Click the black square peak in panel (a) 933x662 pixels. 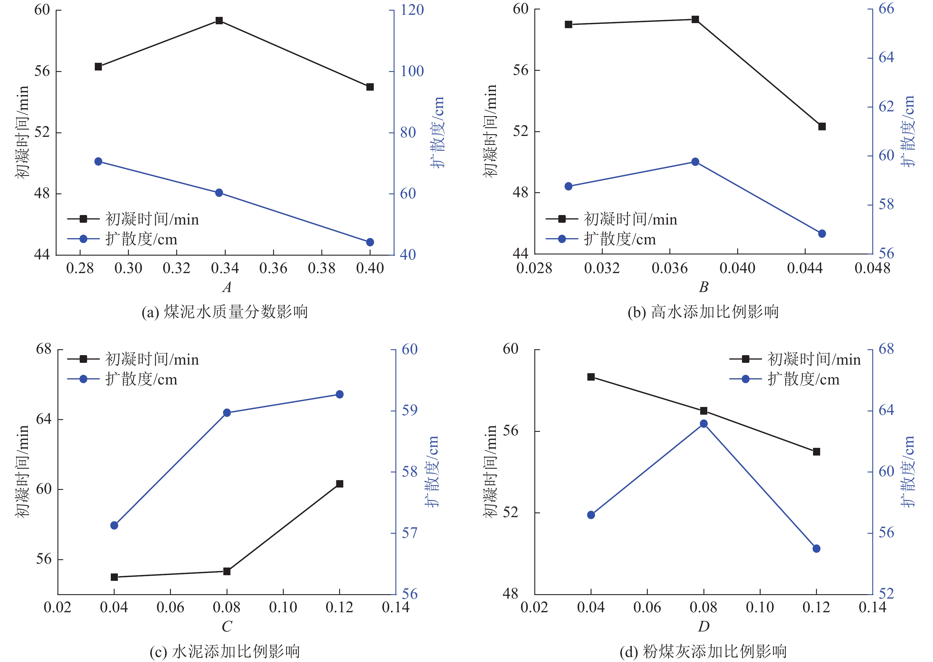pyautogui.click(x=219, y=21)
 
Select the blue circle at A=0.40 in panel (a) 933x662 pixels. pyautogui.click(x=370, y=242)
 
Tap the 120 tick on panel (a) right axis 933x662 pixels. pyautogui.click(x=412, y=10)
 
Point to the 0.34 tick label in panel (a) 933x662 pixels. pyautogui.click(x=225, y=268)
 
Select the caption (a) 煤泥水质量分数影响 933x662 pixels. pyautogui.click(x=225, y=312)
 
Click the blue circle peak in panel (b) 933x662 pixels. pyautogui.click(x=695, y=162)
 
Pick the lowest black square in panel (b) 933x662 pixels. pyautogui.click(x=822, y=127)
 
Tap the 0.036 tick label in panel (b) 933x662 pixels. pyautogui.click(x=669, y=268)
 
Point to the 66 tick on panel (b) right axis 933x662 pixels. pyautogui.click(x=886, y=9)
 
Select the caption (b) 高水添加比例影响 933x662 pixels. pyautogui.click(x=703, y=312)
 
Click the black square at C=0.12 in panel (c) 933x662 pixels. pyautogui.click(x=339, y=484)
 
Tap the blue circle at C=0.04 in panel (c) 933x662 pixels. pyautogui.click(x=114, y=525)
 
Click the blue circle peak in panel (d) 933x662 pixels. pyautogui.click(x=703, y=424)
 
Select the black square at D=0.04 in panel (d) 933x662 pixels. pyautogui.click(x=591, y=377)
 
